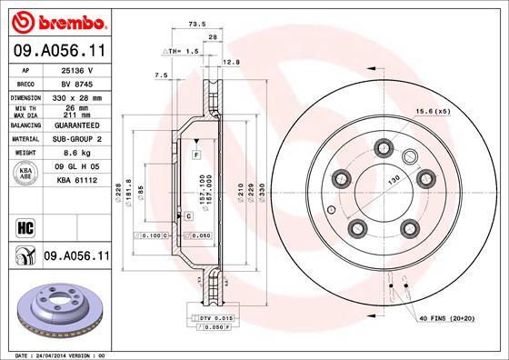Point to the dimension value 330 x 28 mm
78,96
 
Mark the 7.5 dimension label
163,75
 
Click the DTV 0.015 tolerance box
215,316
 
